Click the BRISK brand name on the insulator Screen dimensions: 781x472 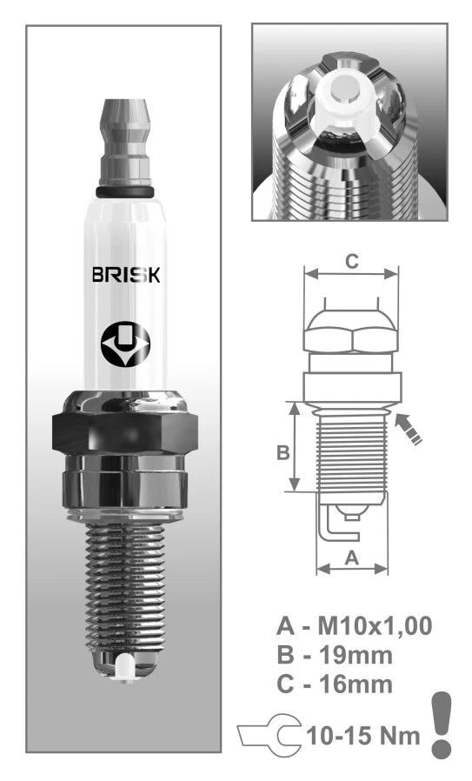pyautogui.click(x=125, y=275)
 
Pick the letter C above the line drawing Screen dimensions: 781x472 pyautogui.click(x=350, y=260)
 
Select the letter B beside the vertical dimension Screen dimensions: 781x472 pyautogui.click(x=283, y=453)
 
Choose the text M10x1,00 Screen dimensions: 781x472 pyautogui.click(x=376, y=625)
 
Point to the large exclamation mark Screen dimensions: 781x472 pyautogui.click(x=442, y=724)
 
